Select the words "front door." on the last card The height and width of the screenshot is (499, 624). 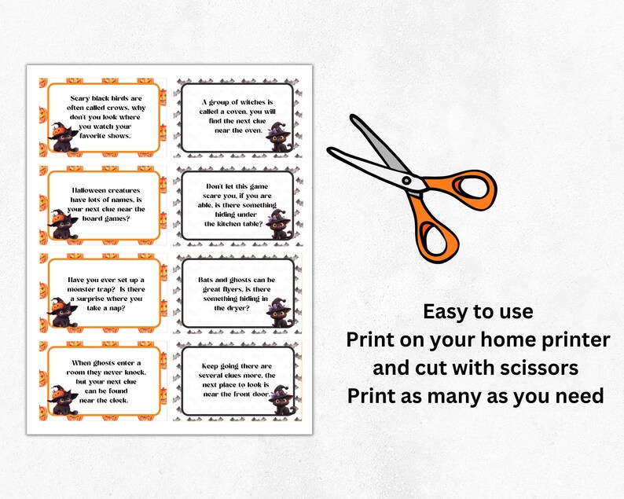251,394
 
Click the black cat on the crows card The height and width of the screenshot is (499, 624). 61,139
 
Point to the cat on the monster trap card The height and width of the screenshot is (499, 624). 61,314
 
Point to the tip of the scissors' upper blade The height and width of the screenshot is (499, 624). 351,119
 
